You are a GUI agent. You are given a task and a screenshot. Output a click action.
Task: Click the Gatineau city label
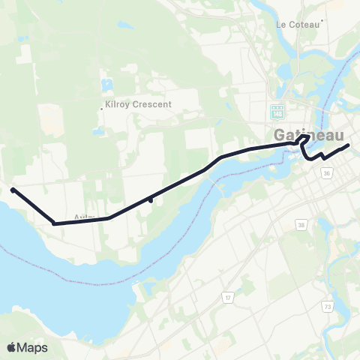point(309,135)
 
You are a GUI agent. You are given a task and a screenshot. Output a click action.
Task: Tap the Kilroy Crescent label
point(139,104)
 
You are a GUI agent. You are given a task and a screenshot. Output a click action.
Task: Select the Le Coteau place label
point(297,24)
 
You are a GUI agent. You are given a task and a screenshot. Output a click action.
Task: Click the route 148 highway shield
point(277,112)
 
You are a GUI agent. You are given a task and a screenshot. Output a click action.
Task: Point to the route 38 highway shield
point(301,224)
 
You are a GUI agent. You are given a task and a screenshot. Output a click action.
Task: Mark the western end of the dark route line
point(13,190)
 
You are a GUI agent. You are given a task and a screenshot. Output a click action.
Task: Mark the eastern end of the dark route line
point(348,145)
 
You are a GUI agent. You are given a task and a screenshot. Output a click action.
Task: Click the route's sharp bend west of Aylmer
point(54,222)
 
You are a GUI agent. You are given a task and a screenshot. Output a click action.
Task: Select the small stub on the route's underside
point(151,199)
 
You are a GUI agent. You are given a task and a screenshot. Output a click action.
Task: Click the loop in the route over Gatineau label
point(303,139)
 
